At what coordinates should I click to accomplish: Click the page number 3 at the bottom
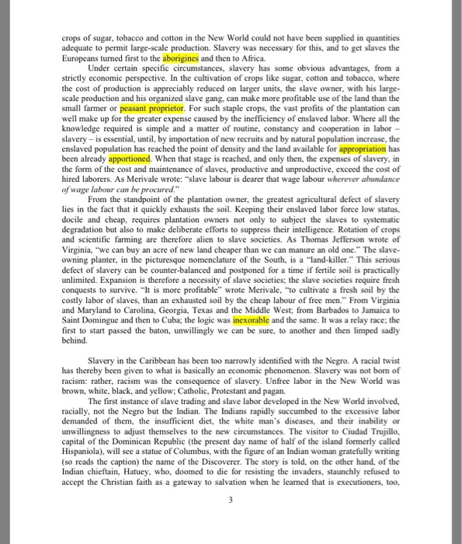pyautogui.click(x=231, y=500)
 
